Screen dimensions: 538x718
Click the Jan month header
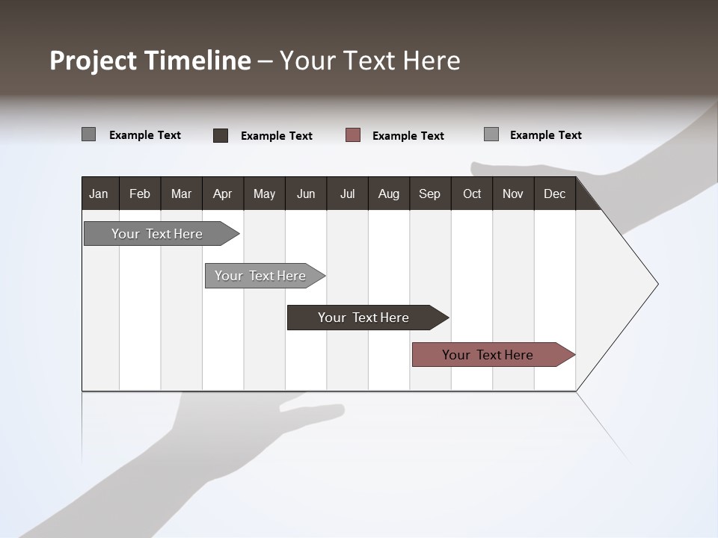tap(99, 194)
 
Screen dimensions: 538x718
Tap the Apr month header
tap(222, 194)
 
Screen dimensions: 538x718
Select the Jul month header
tap(347, 194)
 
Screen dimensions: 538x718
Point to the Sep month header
tap(429, 194)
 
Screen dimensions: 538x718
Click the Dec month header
tap(554, 194)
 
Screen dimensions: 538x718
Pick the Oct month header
tap(472, 194)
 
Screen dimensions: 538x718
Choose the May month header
tap(264, 194)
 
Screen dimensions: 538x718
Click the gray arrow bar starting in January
tap(158, 234)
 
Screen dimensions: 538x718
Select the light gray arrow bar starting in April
tap(261, 276)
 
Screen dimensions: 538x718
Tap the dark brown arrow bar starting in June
tap(364, 318)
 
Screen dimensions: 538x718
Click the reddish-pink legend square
tap(353, 134)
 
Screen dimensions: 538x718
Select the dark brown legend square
tap(221, 135)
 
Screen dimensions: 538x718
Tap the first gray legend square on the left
tap(88, 134)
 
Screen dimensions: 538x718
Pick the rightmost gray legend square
tap(491, 134)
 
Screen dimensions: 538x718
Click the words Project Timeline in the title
tap(150, 61)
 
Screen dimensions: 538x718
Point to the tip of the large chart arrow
tap(656, 284)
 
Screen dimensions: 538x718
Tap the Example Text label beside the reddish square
tap(408, 136)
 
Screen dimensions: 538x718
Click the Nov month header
tap(513, 194)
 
